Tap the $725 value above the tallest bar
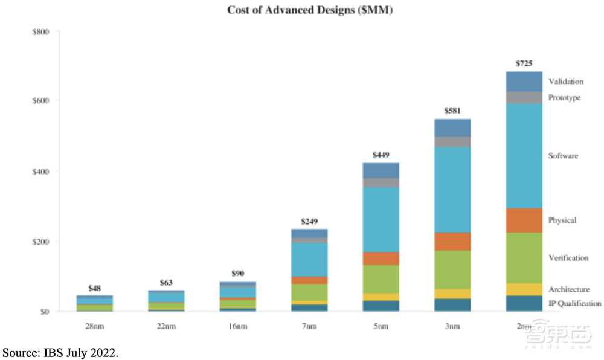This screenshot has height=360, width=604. [x=524, y=63]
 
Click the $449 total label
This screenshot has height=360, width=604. [x=381, y=155]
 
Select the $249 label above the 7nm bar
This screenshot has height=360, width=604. [x=309, y=220]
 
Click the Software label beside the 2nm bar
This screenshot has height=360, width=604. [x=563, y=156]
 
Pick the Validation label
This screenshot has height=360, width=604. [x=565, y=82]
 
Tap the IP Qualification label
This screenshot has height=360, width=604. [x=574, y=303]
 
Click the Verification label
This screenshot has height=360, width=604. [x=568, y=258]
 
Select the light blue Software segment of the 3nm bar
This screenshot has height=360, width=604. [x=452, y=190]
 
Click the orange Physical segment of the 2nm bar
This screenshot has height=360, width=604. [x=524, y=220]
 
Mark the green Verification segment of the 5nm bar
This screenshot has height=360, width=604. [x=381, y=279]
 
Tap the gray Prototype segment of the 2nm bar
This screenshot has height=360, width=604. [x=524, y=97]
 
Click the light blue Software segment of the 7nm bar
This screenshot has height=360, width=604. [x=309, y=259]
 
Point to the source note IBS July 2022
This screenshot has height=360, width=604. [x=60, y=352]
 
